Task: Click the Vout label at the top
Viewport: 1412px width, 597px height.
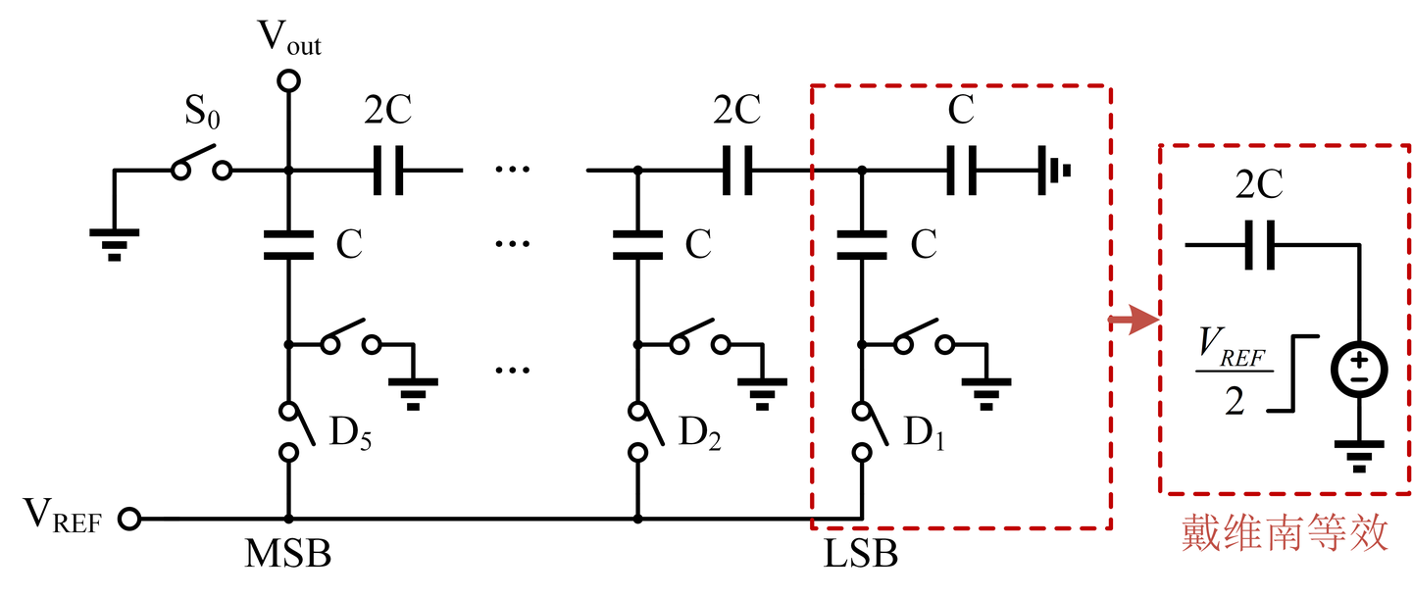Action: click(x=289, y=39)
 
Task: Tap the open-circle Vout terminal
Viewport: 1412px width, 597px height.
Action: click(x=288, y=80)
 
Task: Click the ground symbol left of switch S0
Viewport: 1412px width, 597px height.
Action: click(x=114, y=241)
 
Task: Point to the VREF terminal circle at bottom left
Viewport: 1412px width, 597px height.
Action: click(x=129, y=518)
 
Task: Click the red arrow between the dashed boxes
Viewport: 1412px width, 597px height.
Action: click(x=1134, y=321)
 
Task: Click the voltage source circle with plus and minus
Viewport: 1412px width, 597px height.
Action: click(x=1358, y=371)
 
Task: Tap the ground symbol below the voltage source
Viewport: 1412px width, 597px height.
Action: click(x=1358, y=454)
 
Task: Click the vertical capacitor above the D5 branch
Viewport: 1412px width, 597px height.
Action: click(x=288, y=244)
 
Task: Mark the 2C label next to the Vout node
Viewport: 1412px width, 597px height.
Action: click(x=390, y=111)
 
